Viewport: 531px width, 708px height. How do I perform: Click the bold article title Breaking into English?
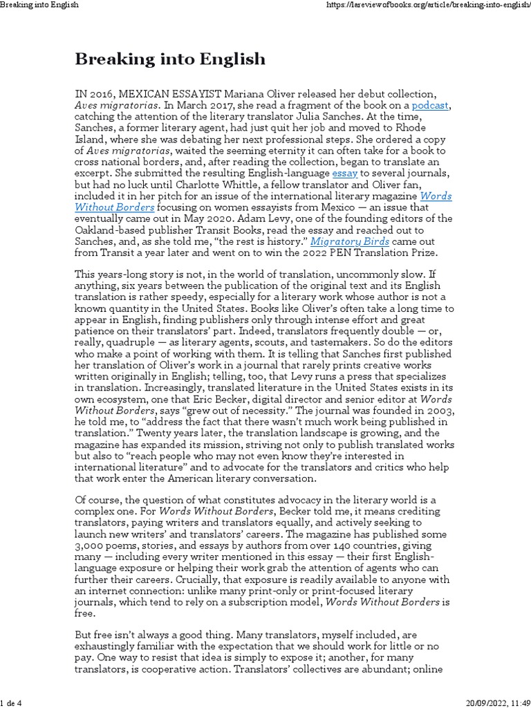click(169, 59)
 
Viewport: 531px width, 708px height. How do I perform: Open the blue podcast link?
click(430, 105)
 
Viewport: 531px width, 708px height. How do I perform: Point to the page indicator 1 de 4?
click(12, 700)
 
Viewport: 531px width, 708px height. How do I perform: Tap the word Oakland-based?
click(111, 230)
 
